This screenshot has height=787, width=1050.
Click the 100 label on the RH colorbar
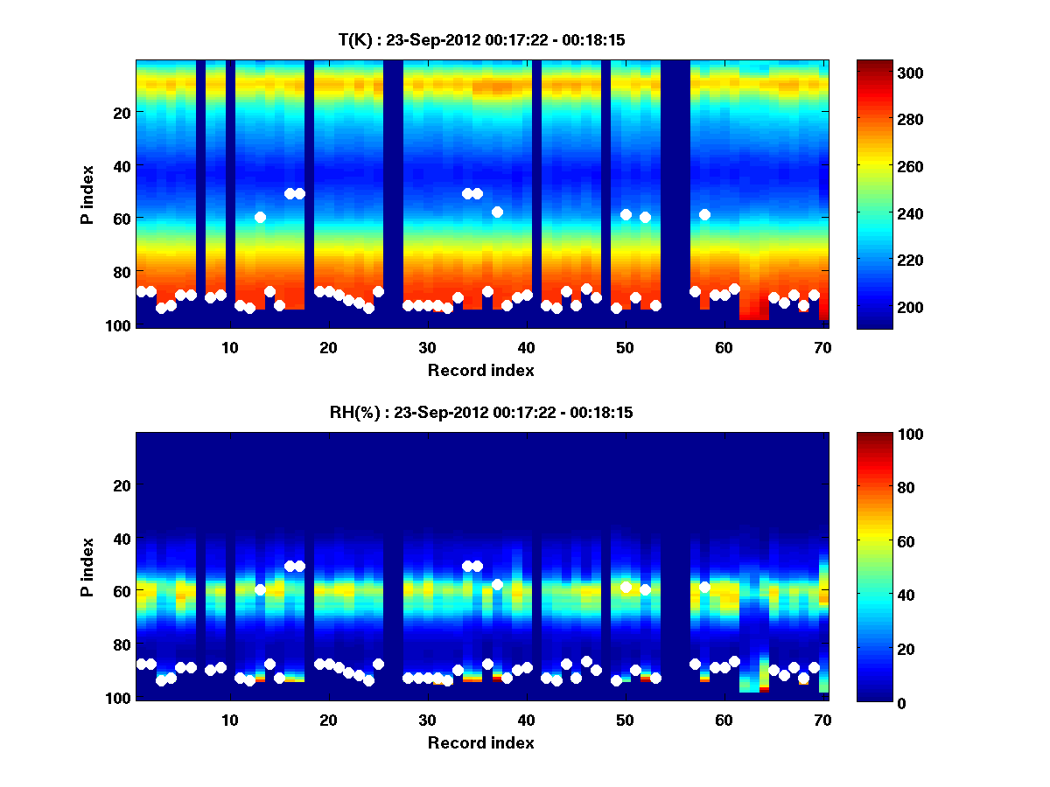[880, 435]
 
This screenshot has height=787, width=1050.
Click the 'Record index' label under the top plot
[480, 370]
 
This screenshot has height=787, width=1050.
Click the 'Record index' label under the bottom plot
[480, 742]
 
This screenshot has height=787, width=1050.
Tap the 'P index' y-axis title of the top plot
[87, 194]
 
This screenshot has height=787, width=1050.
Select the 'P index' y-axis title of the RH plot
[87, 567]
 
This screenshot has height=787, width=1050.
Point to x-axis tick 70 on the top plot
[822, 347]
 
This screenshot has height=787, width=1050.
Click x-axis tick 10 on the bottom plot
[229, 720]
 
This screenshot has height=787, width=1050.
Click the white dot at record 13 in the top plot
[260, 217]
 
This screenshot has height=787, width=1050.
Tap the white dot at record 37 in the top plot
[497, 212]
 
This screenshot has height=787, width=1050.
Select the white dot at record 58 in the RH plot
[704, 587]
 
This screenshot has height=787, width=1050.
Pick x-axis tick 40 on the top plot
[526, 347]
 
